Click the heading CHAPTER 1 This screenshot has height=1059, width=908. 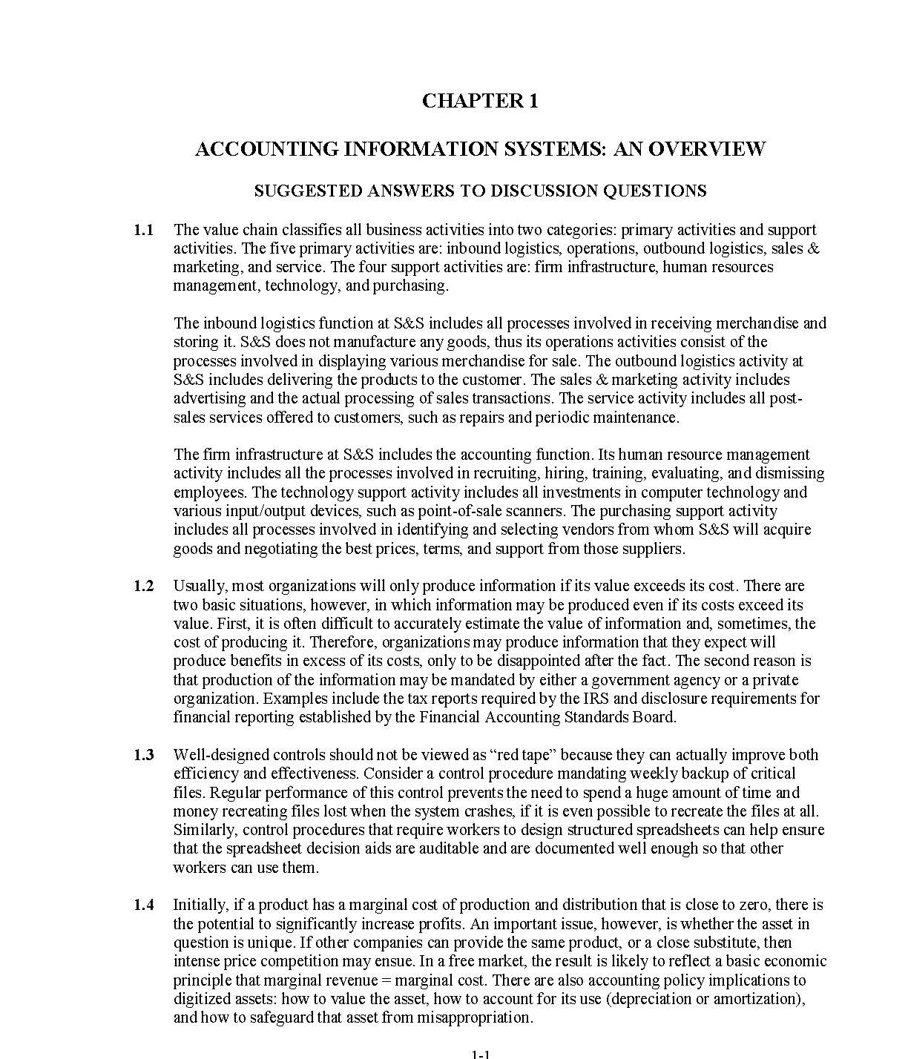[480, 102]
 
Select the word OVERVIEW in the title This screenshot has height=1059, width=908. [706, 149]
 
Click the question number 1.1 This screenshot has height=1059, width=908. [144, 230]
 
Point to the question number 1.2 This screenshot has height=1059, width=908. [144, 586]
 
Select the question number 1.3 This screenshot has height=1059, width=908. [144, 755]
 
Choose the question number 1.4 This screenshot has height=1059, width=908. [144, 905]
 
